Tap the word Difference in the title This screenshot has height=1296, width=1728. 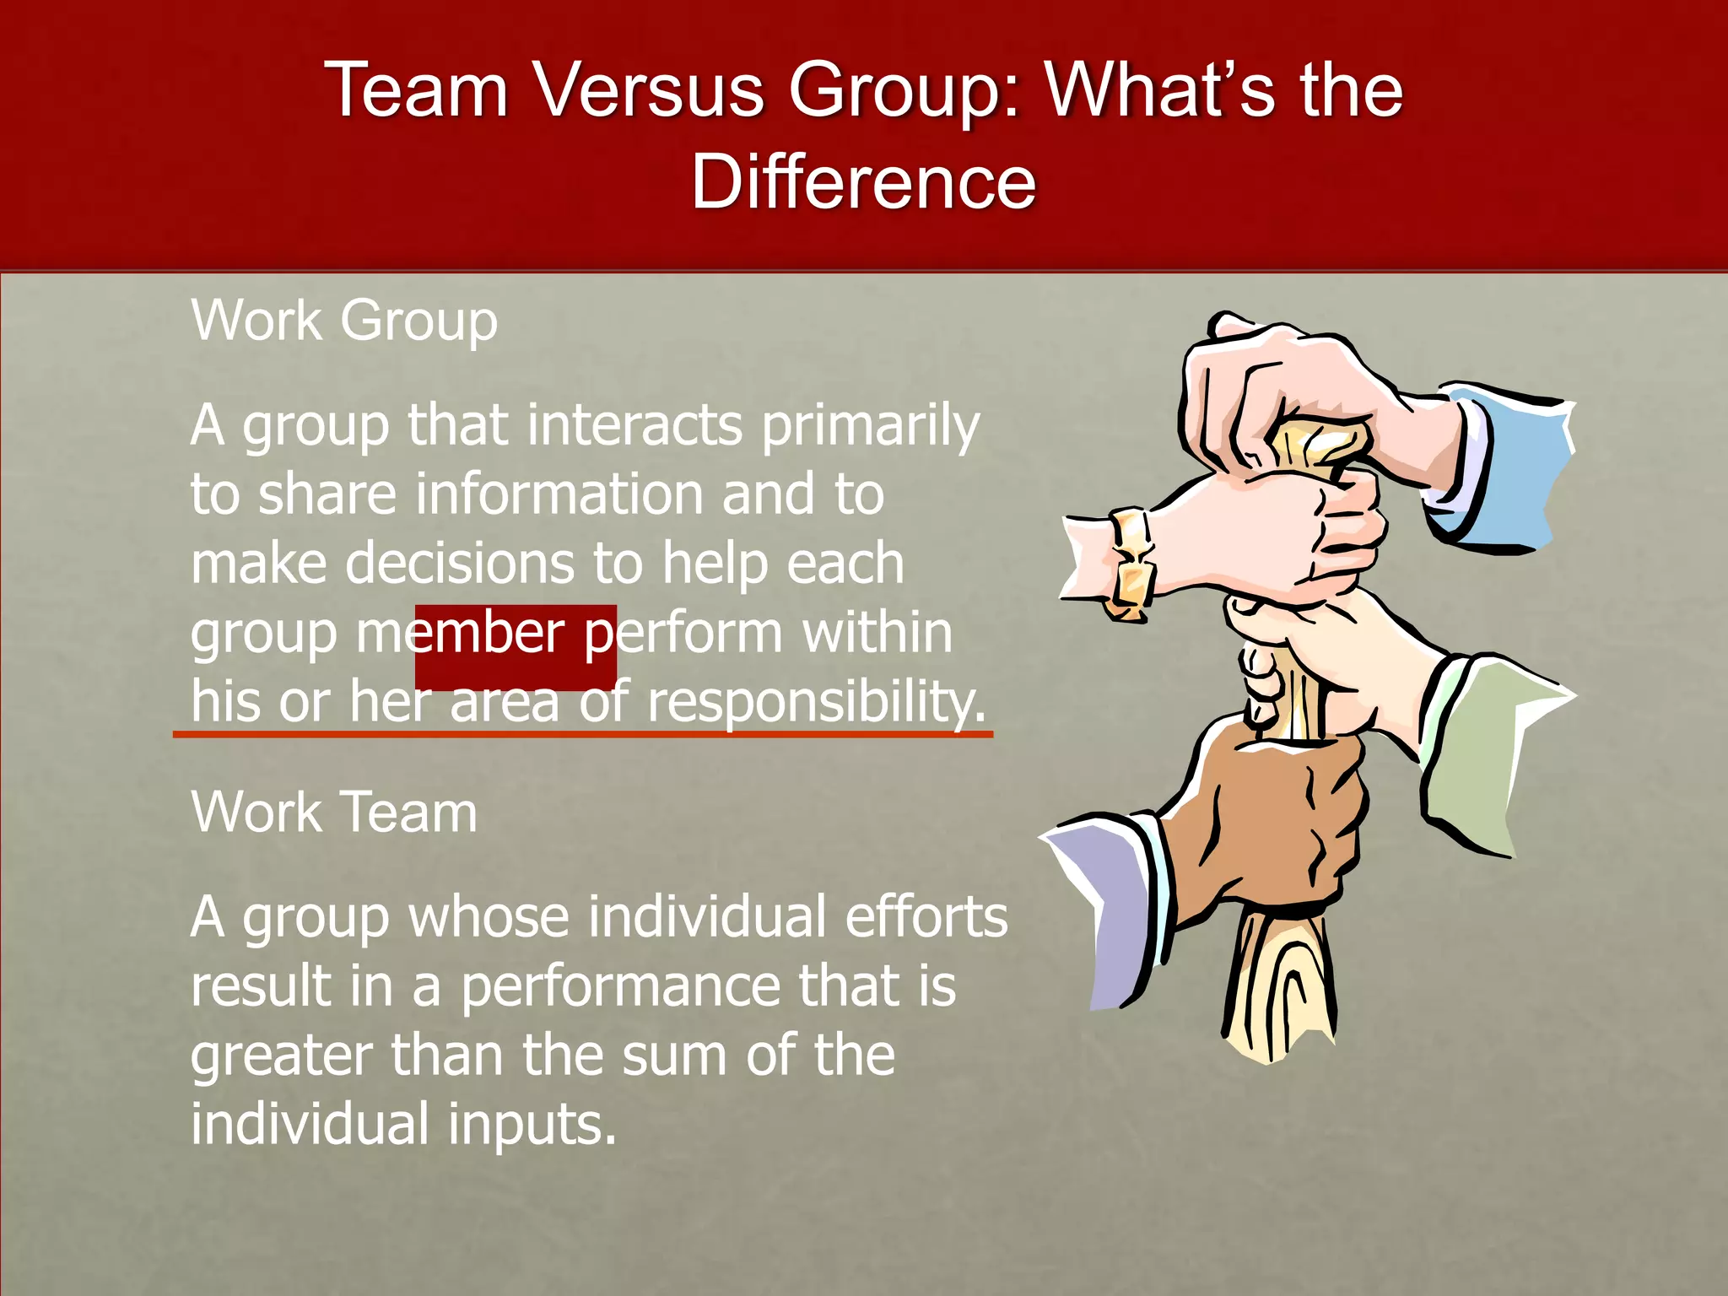point(863,181)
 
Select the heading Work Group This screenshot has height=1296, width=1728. point(344,321)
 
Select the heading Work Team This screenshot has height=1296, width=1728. point(334,813)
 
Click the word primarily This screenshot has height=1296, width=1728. point(871,425)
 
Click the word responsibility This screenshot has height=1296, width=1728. point(816,702)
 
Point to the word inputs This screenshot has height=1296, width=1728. point(532,1126)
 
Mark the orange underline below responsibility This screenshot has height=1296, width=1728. point(582,735)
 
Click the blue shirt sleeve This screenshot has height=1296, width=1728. point(1510,472)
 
